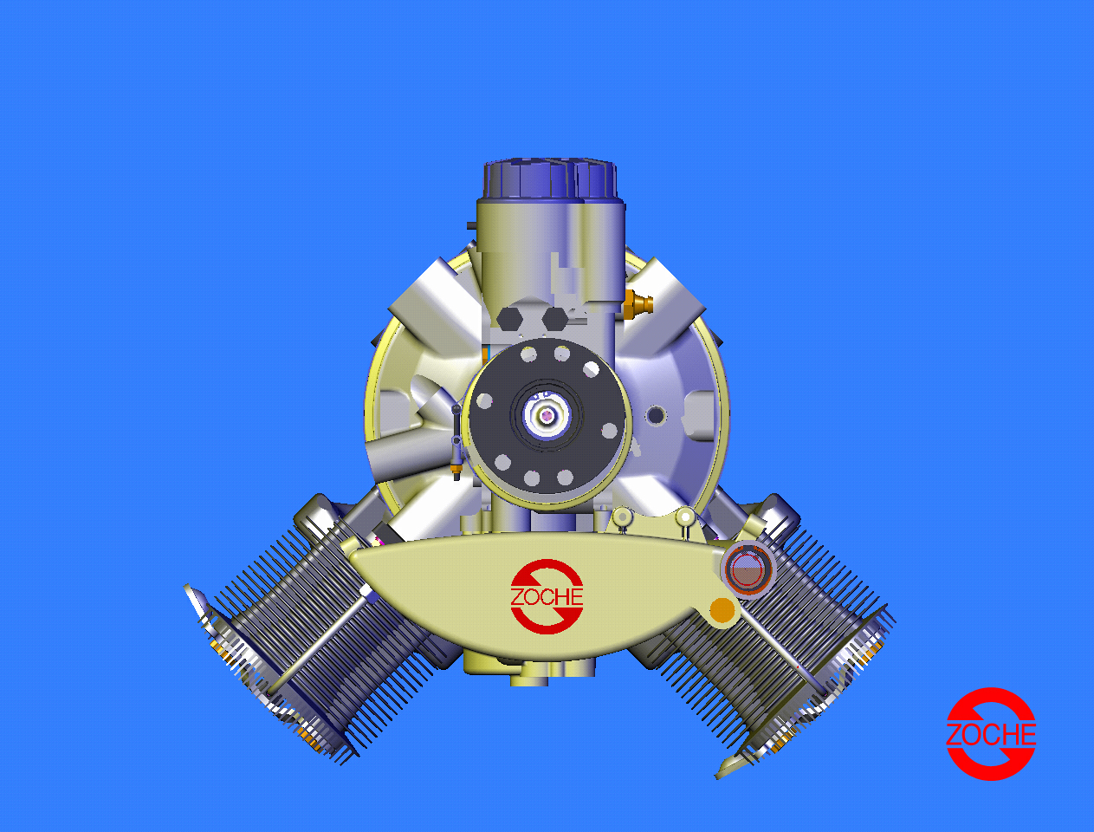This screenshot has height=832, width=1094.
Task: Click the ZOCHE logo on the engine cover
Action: tap(547, 596)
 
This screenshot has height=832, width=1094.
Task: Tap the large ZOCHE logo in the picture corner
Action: tap(991, 734)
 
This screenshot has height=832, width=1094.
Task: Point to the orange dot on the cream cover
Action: tap(722, 609)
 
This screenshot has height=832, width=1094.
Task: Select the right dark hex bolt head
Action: tap(554, 318)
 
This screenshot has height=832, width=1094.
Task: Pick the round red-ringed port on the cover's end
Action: tap(748, 569)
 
